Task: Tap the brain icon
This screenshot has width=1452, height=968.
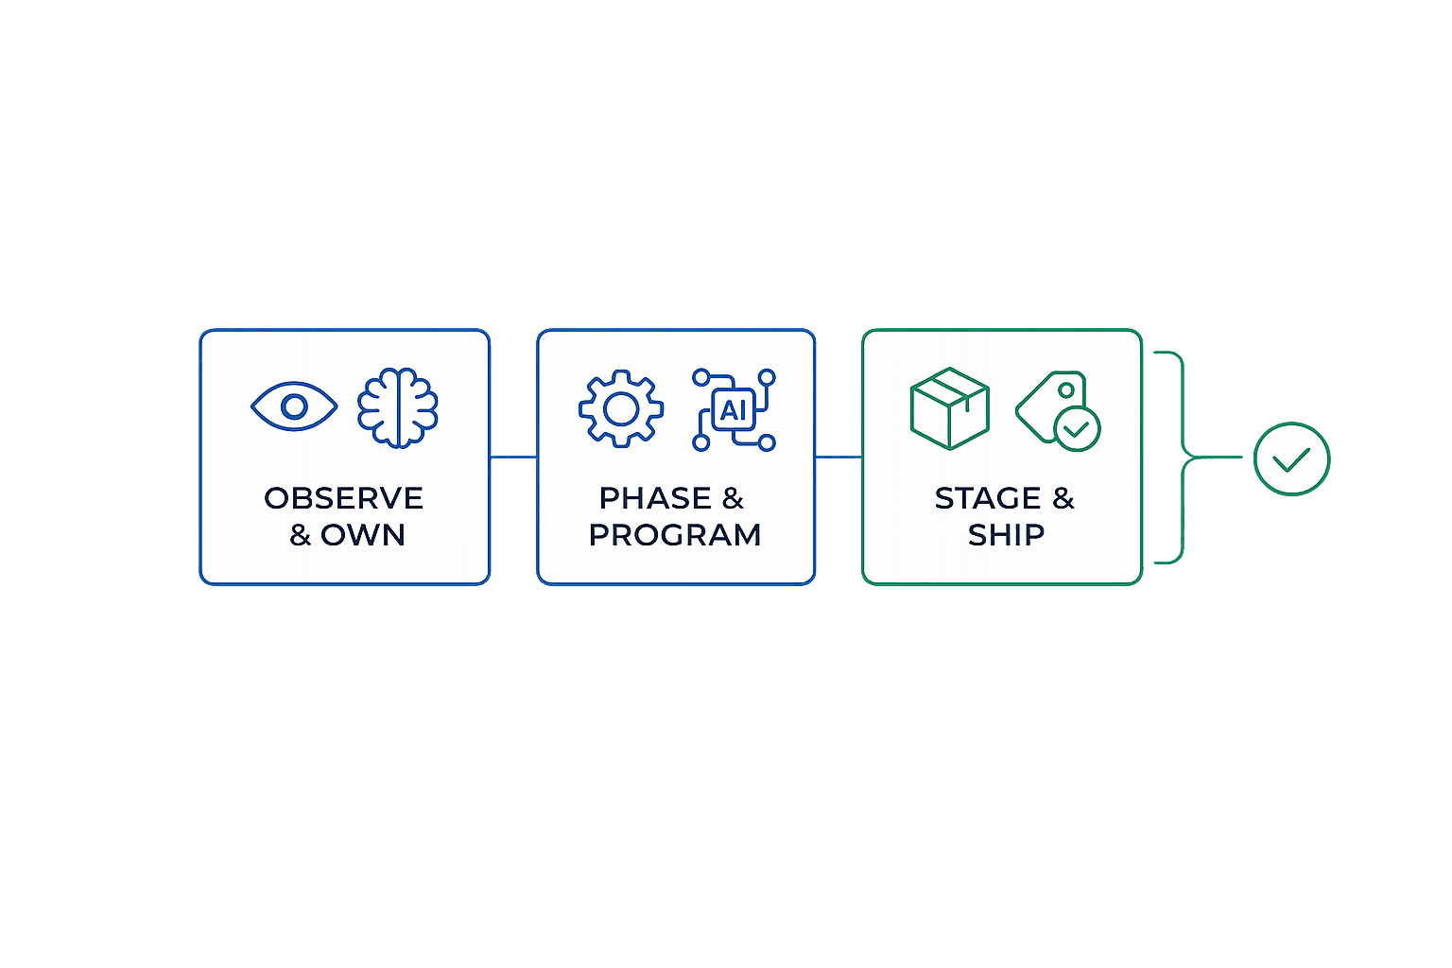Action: coord(398,407)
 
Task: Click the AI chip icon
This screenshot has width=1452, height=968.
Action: coord(734,409)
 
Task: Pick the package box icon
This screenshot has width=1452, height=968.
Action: coord(950,408)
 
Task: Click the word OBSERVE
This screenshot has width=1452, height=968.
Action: coord(343,498)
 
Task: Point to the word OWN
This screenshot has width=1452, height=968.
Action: coord(363,536)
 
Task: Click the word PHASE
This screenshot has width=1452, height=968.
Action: coord(655,498)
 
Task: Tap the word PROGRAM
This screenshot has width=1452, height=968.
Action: coord(675,536)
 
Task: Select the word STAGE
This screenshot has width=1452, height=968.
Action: coord(988,498)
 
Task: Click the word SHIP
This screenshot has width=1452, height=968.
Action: coord(1006,536)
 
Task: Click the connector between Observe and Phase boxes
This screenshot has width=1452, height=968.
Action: coord(513,458)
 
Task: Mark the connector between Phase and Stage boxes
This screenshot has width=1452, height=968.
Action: coord(838,458)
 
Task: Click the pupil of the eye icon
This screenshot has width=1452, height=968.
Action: coord(294,406)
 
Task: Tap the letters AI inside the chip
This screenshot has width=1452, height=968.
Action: coord(734,410)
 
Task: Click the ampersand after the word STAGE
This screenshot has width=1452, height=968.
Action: coord(1063,498)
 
